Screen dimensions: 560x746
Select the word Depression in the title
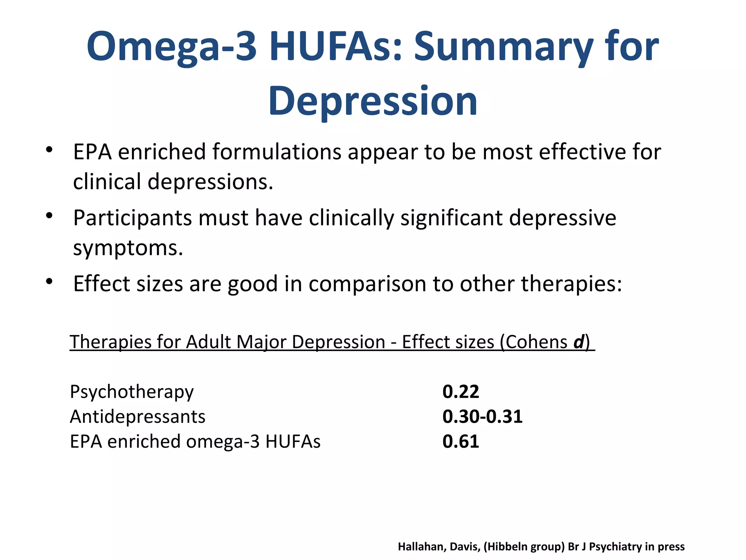point(373,101)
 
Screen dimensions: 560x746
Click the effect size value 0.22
point(460,392)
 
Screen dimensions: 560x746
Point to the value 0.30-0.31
point(482,416)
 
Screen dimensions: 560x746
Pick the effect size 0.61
point(460,441)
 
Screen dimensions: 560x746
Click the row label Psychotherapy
point(131,392)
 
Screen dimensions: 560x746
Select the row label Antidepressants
point(137,416)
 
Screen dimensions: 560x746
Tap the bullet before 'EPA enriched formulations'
point(50,150)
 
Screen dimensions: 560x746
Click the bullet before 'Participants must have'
point(50,216)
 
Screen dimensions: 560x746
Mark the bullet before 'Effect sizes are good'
point(50,281)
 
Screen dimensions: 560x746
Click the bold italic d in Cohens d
point(579,342)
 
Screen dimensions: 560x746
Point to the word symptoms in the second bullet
point(128,248)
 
